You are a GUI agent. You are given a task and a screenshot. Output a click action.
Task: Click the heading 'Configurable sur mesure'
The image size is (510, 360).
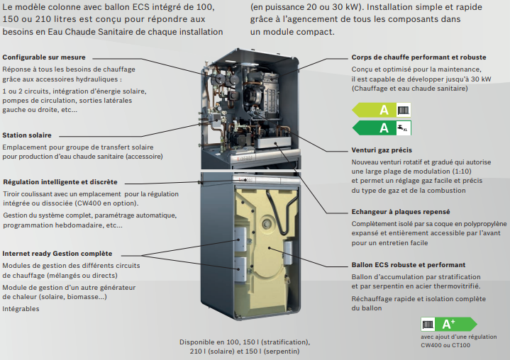tap(44, 57)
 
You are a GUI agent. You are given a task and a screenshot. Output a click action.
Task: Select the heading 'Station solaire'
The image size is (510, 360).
tap(27, 135)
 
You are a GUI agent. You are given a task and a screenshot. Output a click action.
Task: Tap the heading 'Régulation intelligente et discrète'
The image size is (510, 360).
tap(60, 182)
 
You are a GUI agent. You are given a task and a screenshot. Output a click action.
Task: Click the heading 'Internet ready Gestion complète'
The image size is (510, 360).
tap(57, 254)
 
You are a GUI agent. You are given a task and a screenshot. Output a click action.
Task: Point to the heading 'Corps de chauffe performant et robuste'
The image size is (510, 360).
tap(418, 57)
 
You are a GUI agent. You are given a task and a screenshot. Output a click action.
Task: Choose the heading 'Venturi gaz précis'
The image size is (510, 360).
tap(382, 150)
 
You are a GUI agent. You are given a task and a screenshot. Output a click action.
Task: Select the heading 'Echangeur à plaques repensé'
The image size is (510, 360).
tap(401, 212)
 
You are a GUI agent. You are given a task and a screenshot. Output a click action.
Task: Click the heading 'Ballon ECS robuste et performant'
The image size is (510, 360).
tap(408, 265)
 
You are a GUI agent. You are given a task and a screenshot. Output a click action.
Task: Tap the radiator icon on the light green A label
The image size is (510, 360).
tap(404, 110)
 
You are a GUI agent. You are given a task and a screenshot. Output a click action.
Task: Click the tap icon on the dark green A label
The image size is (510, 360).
tap(404, 128)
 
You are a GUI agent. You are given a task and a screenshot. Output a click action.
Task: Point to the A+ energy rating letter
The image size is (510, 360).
tap(448, 324)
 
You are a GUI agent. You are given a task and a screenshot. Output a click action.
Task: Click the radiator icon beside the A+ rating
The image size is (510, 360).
tap(428, 325)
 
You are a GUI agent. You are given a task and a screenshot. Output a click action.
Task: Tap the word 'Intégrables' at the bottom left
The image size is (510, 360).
tap(21, 309)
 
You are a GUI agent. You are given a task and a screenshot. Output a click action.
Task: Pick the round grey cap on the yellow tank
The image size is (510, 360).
tap(267, 223)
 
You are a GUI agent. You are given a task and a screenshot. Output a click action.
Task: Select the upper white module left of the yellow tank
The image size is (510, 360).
tap(241, 239)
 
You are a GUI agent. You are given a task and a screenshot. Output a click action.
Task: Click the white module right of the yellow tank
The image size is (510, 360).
tap(287, 253)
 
